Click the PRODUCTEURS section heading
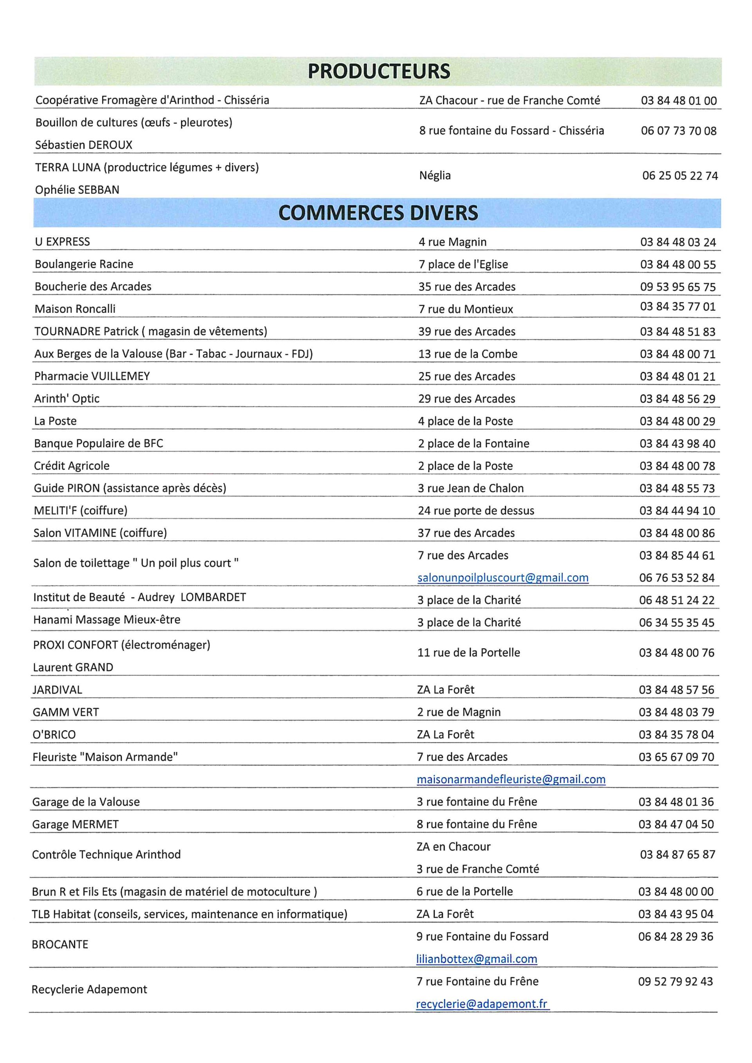click(378, 71)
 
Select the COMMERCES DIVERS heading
click(378, 213)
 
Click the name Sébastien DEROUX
click(84, 145)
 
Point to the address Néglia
click(435, 175)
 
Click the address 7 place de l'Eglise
click(463, 264)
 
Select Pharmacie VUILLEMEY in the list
click(92, 376)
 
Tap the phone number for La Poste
click(678, 421)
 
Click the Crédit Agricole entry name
click(72, 466)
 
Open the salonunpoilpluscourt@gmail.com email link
click(503, 578)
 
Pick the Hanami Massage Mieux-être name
click(107, 619)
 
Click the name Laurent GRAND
click(73, 667)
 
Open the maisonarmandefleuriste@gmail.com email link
click(511, 779)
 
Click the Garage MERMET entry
click(76, 824)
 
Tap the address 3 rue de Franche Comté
click(478, 869)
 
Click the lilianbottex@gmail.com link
click(477, 959)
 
